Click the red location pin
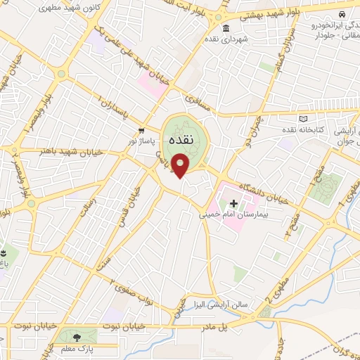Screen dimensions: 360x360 click(181, 166)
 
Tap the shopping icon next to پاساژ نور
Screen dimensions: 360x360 click(142, 130)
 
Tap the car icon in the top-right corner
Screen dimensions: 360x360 click(340, 14)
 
